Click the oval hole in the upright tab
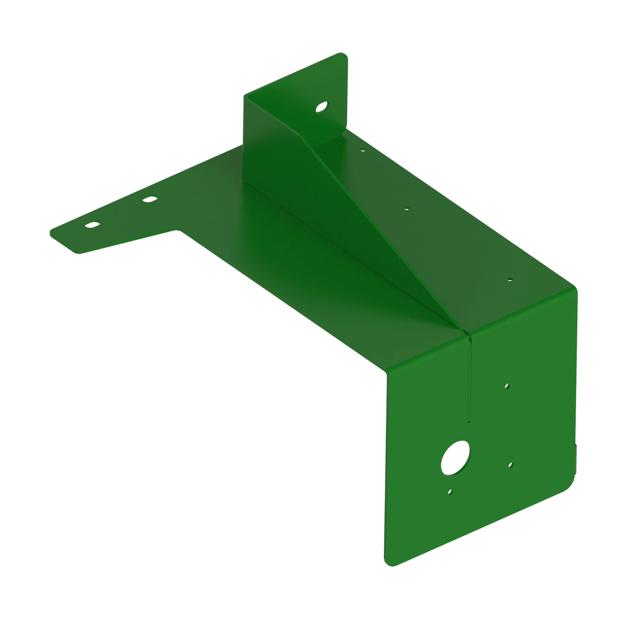[321, 107]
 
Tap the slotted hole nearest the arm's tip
[92, 225]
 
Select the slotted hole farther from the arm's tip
[150, 199]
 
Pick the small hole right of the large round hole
[510, 465]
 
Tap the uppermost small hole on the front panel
[507, 386]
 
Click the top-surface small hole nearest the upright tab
[363, 150]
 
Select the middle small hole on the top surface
[407, 208]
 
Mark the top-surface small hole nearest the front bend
[510, 280]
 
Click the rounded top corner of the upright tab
[345, 56]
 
